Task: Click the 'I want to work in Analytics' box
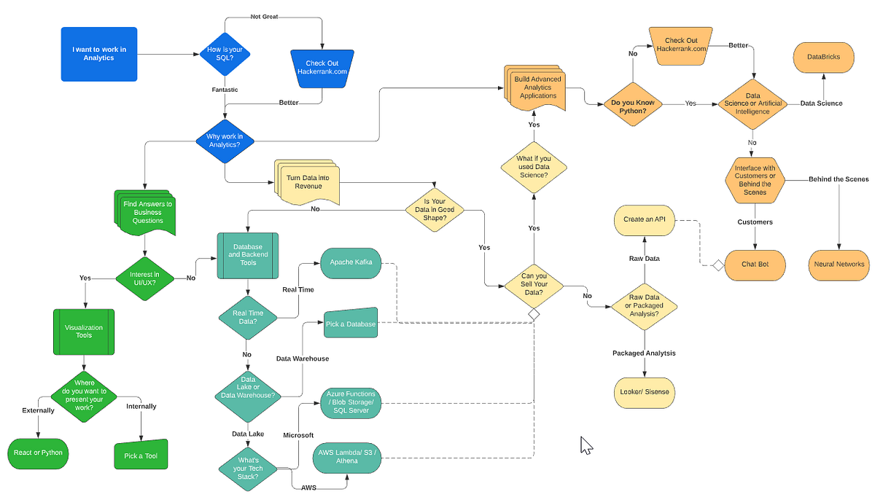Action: [99, 53]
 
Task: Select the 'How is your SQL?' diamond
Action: [225, 54]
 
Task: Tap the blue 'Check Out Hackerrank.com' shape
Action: [322, 67]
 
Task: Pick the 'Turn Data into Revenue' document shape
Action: [308, 182]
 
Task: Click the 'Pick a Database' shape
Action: [351, 324]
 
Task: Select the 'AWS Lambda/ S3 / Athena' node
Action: [347, 458]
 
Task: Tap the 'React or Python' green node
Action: [38, 453]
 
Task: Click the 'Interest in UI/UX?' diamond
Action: [147, 278]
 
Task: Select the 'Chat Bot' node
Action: [754, 264]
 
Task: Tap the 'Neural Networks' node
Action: [839, 264]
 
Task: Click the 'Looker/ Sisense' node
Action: [645, 392]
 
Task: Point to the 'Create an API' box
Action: [645, 219]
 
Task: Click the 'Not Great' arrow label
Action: [265, 16]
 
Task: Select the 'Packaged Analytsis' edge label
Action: [644, 353]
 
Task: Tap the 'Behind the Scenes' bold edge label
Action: [838, 179]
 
